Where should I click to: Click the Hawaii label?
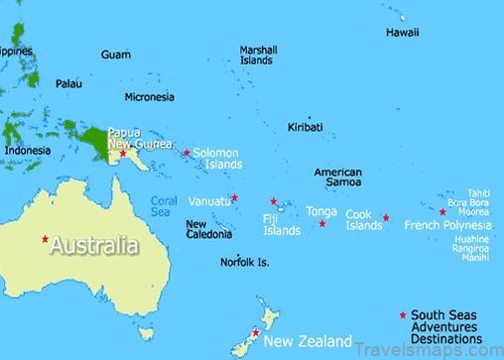pos(402,33)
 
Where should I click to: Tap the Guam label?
pos(115,55)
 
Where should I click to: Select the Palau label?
pos(68,83)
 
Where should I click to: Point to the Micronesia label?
pos(150,97)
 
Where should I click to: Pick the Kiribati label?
pos(305,128)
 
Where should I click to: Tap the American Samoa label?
pos(337,178)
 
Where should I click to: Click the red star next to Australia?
pos(45,239)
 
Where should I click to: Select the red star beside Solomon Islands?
pos(187,153)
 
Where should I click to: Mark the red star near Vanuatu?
pos(234,197)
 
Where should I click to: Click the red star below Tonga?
pos(321,223)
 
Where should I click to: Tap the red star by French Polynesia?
pos(442,211)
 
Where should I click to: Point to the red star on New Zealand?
pos(256,332)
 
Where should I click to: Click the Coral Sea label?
pos(164,205)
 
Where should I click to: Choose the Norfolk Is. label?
pos(245,263)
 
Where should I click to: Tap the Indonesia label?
pos(28,151)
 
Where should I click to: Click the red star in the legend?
pos(402,315)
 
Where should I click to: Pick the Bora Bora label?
pos(468,202)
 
